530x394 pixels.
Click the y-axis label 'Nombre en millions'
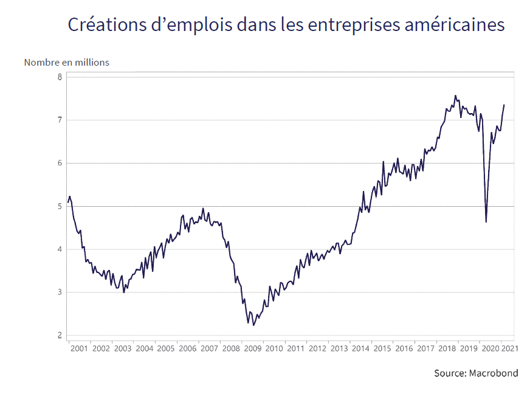pyautogui.click(x=67, y=62)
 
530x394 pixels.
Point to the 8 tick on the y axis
pyautogui.click(x=60, y=77)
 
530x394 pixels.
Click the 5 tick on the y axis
pyautogui.click(x=60, y=207)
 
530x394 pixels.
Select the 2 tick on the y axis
pyautogui.click(x=60, y=336)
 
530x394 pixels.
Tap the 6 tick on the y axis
pyautogui.click(x=60, y=164)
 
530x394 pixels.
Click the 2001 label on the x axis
pyautogui.click(x=79, y=349)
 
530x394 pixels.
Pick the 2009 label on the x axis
pyautogui.click(x=252, y=349)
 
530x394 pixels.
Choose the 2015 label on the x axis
pyautogui.click(x=381, y=349)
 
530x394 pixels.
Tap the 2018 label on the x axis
pyautogui.click(x=447, y=349)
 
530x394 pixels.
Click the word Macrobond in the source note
pyautogui.click(x=494, y=373)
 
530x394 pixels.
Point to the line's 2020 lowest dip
pyautogui.click(x=486, y=222)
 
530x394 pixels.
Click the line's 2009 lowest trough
pyautogui.click(x=248, y=323)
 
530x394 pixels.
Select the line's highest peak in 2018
pyautogui.click(x=455, y=95)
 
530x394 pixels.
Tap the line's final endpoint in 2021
pyautogui.click(x=504, y=105)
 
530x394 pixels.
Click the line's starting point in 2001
pyautogui.click(x=68, y=202)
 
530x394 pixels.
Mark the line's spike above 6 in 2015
pyautogui.click(x=383, y=162)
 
